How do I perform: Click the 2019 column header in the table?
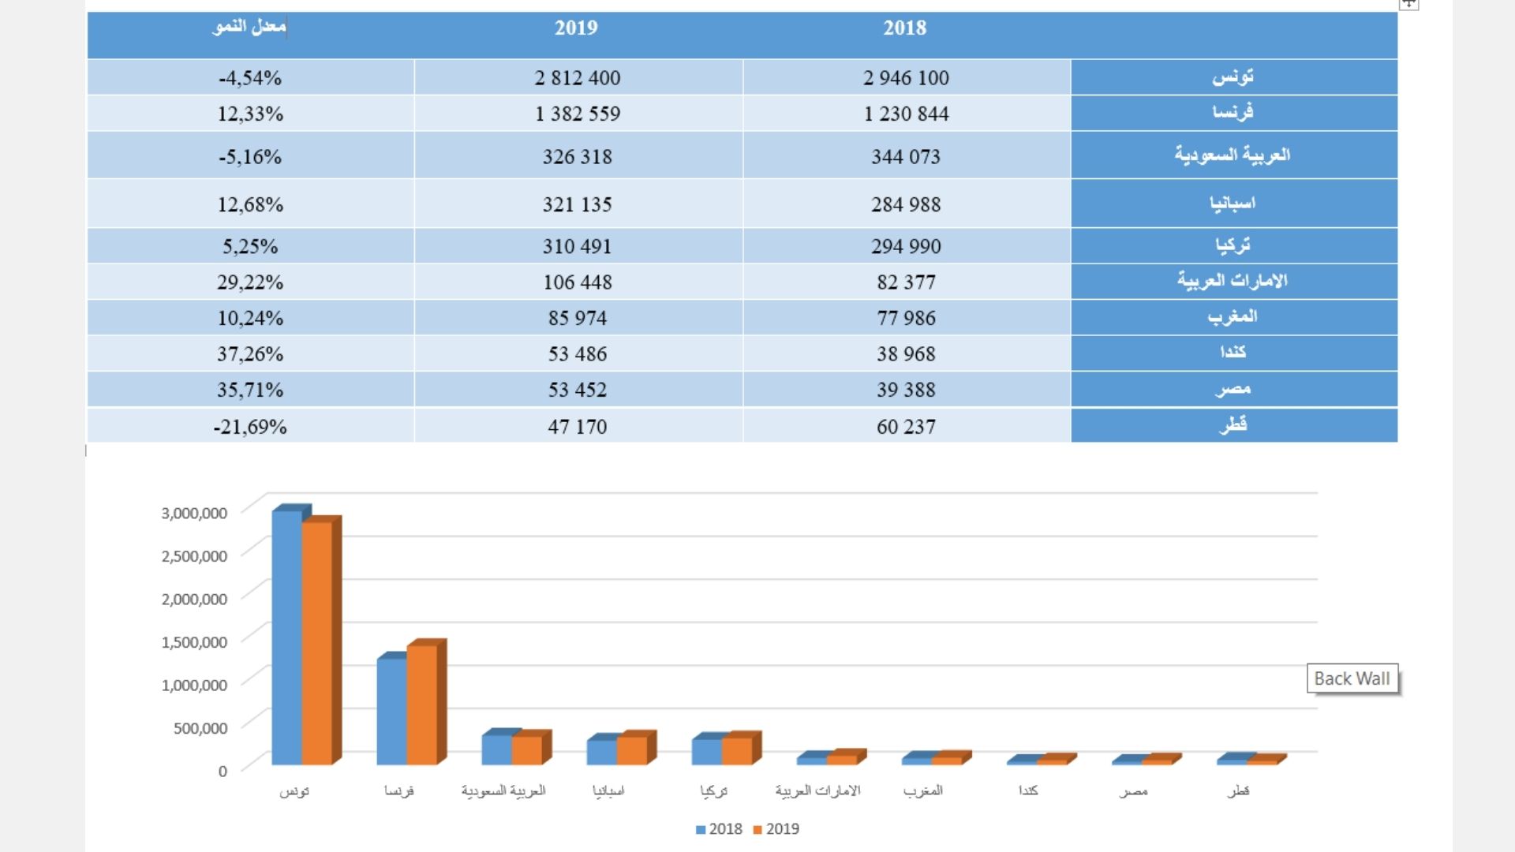coord(576,28)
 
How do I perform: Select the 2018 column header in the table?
coord(904,28)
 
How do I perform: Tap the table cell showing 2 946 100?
coord(906,78)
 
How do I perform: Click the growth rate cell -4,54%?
coord(250,78)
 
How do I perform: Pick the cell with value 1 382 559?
coord(578,114)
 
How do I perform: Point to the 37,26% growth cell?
coord(250,354)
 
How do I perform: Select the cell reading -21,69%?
coord(250,427)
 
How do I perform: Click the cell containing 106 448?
coord(578,282)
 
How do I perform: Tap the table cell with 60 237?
coord(906,427)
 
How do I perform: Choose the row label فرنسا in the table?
coord(1233,113)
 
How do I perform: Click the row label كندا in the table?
coord(1233,353)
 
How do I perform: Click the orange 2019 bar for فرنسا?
coord(421,704)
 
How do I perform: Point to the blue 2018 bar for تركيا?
coord(706,751)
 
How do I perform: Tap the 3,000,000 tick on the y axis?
coord(194,514)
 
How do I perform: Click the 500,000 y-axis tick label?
coord(200,728)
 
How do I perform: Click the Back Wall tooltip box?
coord(1352,678)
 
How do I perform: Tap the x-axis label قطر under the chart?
coord(1238,790)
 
